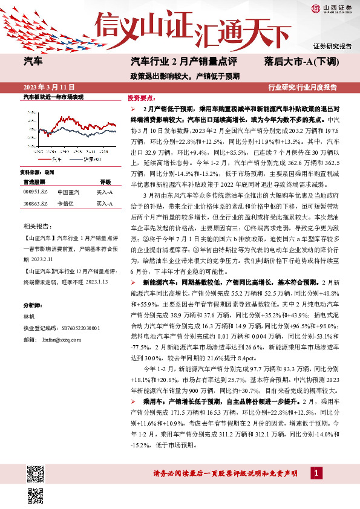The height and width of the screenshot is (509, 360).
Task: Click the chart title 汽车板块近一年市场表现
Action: coord(53,97)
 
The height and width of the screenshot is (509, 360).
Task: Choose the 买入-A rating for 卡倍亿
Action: coord(106,204)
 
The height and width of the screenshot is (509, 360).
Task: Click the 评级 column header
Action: coord(106,181)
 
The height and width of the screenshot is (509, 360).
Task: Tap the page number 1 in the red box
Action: coord(316,472)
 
